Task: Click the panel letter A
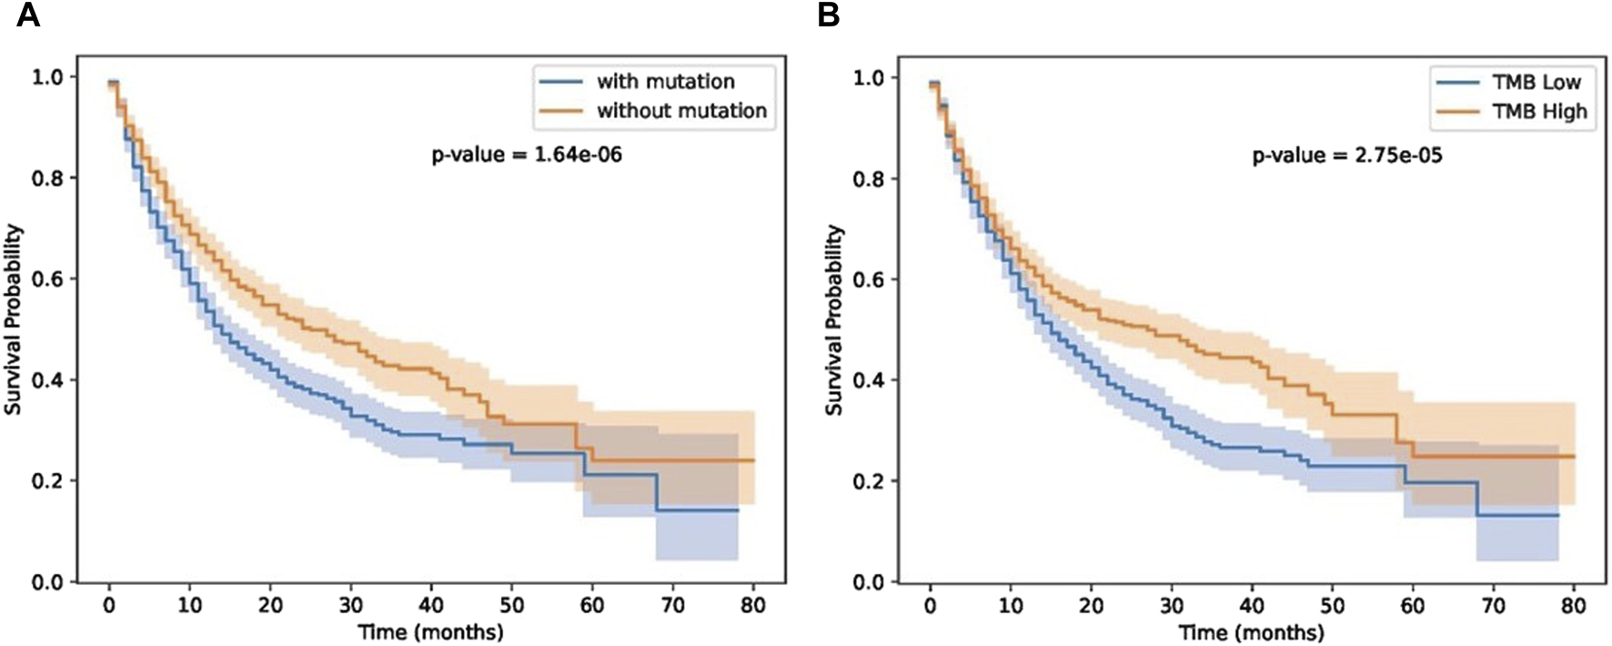click(28, 15)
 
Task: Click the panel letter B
click(828, 15)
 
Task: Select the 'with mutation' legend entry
click(665, 82)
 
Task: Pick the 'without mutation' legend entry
click(681, 111)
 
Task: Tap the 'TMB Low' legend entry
click(1536, 83)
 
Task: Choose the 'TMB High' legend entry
click(1539, 112)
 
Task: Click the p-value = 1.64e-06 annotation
click(527, 156)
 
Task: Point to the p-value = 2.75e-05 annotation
click(1347, 156)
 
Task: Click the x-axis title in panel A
click(430, 631)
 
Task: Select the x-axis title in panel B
click(1251, 631)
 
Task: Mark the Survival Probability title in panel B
click(833, 320)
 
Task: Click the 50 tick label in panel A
click(511, 605)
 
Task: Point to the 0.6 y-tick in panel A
click(47, 279)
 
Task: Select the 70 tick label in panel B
click(1493, 606)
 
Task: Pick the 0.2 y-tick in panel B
click(868, 481)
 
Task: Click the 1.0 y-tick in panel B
click(868, 78)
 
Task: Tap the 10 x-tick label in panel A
click(189, 605)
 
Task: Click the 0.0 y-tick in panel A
click(47, 582)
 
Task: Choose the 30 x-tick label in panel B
click(1171, 606)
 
